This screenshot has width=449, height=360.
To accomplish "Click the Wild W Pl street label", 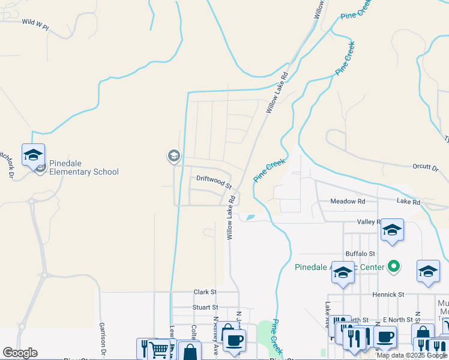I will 35,22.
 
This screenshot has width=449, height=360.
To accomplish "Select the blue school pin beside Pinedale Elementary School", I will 33,155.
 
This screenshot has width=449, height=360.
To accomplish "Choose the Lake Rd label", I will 408,202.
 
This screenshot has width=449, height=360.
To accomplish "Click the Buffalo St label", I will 360,254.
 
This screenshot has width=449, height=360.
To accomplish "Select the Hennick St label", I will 388,295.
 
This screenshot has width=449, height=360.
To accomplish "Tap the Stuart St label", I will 204,307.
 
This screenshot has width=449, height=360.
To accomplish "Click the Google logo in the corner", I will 19,353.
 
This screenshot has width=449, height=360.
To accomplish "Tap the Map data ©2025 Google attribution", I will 412,355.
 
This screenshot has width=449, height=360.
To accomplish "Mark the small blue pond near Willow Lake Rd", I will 250,217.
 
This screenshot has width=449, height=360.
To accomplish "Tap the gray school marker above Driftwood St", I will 173,157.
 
